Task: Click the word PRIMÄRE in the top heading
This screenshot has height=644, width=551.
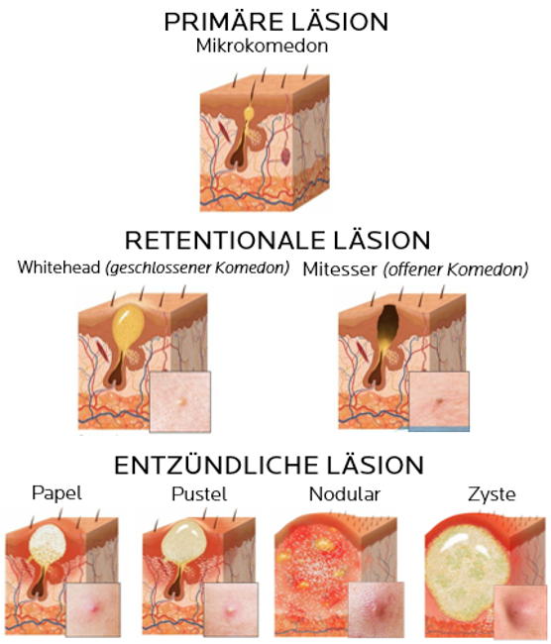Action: [219, 22]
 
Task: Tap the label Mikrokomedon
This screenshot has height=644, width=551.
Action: [262, 46]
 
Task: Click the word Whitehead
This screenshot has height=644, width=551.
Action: [58, 268]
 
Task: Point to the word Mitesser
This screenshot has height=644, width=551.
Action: [339, 269]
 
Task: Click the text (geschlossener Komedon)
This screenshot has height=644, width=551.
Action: [197, 268]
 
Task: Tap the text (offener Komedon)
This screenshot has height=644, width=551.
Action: [456, 269]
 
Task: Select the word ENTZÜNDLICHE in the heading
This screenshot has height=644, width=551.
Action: [216, 465]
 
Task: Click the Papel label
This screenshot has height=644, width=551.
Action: [57, 493]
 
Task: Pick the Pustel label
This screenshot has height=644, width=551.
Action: [199, 493]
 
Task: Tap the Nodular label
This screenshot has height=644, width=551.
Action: [344, 493]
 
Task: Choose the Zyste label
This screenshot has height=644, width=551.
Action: [492, 494]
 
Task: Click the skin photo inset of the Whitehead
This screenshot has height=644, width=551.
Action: [180, 401]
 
